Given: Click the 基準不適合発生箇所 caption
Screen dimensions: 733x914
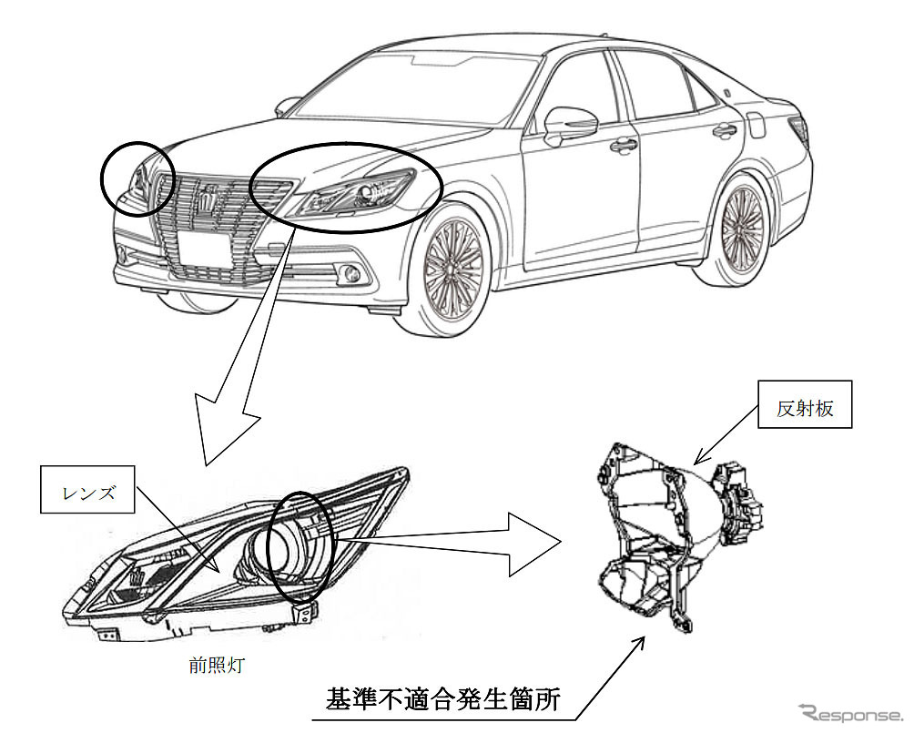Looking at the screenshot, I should click(442, 700).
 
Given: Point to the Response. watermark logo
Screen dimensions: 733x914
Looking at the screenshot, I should click(850, 712).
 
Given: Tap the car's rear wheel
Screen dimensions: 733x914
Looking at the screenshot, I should click(743, 221).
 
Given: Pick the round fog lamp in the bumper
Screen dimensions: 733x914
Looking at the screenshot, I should click(348, 271).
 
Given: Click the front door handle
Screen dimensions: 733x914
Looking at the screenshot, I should click(624, 144).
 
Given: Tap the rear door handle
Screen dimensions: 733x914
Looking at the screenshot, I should click(725, 130).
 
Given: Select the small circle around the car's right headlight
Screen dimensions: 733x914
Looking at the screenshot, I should click(137, 178).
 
